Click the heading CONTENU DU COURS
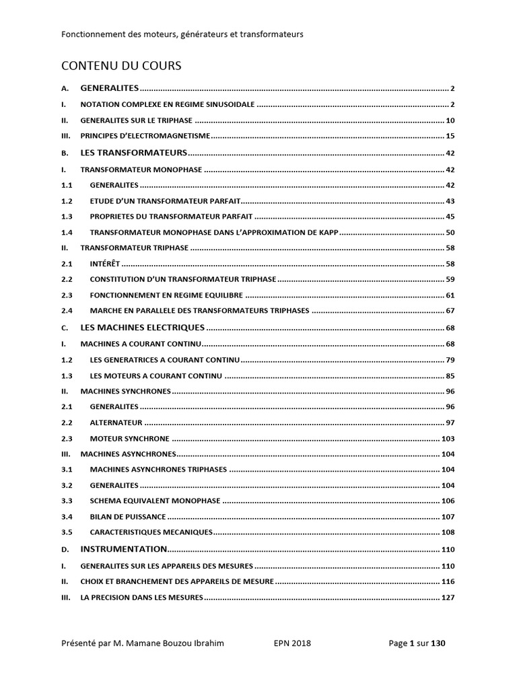[121, 66]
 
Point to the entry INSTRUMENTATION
[123, 549]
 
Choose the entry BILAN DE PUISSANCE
[127, 517]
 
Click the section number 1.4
[66, 232]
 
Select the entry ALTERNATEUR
[116, 423]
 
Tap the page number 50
[450, 232]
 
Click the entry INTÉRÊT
[104, 264]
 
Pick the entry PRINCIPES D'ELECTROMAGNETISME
[145, 136]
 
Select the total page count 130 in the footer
[438, 644]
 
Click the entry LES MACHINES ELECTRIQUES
[142, 328]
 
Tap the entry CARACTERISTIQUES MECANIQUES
[151, 533]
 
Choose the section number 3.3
[66, 501]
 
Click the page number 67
[450, 311]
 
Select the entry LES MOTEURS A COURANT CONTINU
[156, 375]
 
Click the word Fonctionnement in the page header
[91, 34]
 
